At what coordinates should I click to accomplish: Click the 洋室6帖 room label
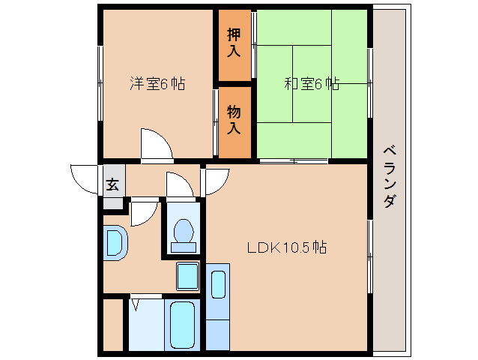point(157,84)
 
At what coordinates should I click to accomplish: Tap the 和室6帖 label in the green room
point(311,84)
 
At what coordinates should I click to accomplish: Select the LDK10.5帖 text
point(287,247)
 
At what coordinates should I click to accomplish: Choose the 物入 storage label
point(234,119)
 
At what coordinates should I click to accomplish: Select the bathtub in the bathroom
point(182,325)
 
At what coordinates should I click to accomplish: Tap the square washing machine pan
point(187,276)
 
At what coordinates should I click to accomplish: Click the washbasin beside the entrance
point(115,243)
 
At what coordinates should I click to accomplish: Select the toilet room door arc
point(180,184)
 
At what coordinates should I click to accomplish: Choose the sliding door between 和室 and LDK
point(294,161)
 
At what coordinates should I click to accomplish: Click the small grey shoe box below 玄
point(112,202)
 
